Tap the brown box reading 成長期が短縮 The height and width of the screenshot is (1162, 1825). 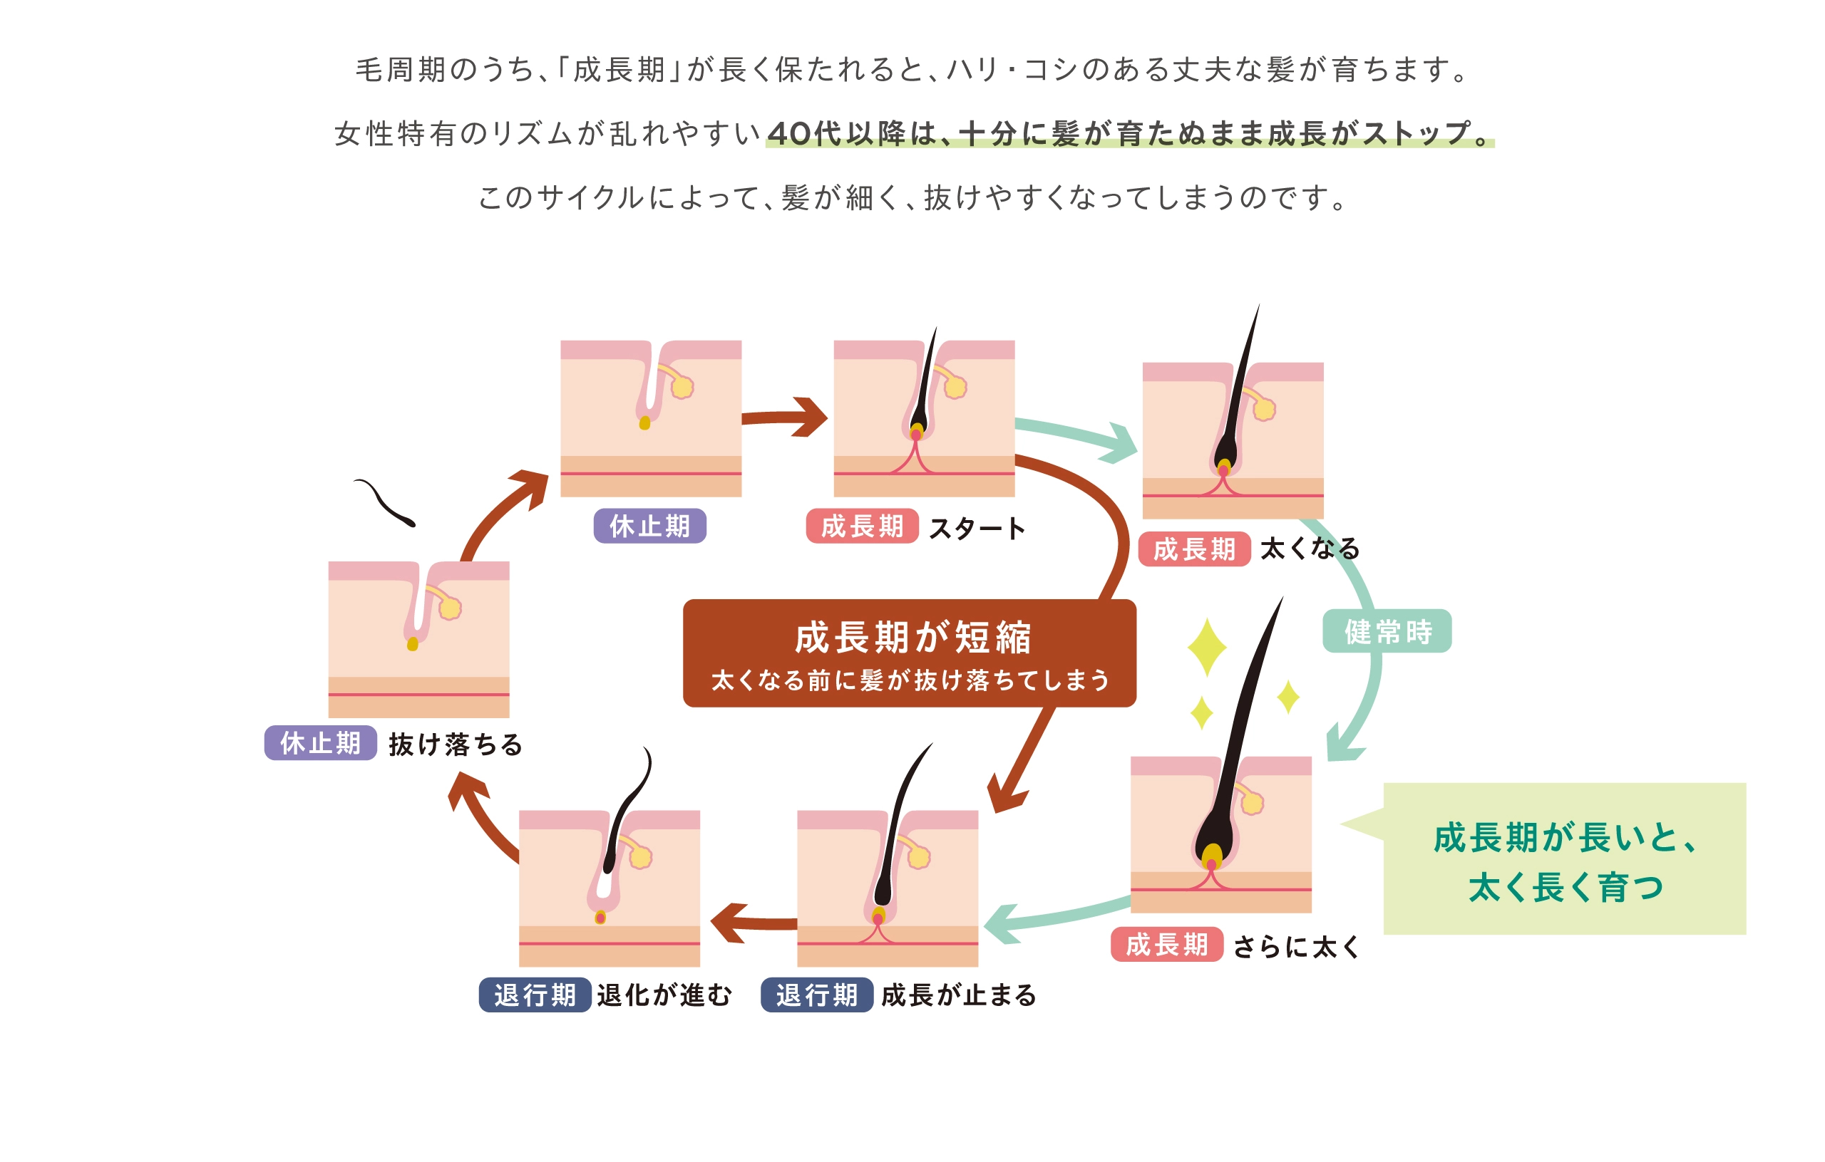coord(909,653)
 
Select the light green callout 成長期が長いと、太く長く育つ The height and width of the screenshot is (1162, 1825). coord(1564,859)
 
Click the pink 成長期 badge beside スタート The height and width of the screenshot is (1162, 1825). coord(862,526)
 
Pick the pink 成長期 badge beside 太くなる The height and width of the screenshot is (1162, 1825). coord(1193,549)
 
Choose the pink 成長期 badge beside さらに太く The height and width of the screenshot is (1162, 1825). coord(1166,945)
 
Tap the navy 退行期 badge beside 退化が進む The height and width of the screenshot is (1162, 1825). coord(535,995)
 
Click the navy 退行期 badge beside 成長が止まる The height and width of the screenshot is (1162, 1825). coord(816,995)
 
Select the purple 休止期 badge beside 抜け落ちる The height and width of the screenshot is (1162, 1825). coord(320,743)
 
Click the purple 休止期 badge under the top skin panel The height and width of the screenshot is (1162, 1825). coord(649,526)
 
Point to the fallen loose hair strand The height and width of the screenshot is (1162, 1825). coord(385,502)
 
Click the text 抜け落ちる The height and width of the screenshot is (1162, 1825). coord(456,745)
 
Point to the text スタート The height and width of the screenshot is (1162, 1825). coord(977,528)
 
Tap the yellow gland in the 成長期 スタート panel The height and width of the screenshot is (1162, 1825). coord(956,387)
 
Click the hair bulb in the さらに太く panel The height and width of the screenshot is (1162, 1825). coord(1212,856)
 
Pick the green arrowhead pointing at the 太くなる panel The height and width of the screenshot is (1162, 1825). coord(1120,443)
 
